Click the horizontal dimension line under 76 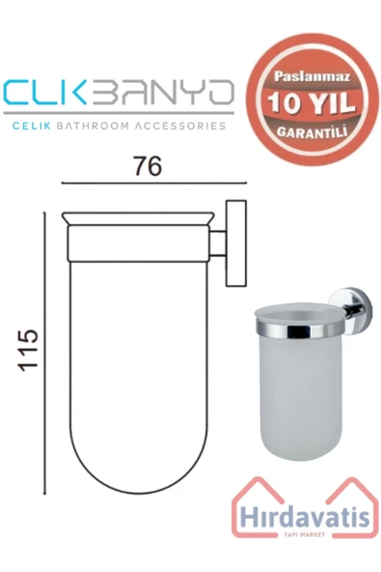tap(147, 184)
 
